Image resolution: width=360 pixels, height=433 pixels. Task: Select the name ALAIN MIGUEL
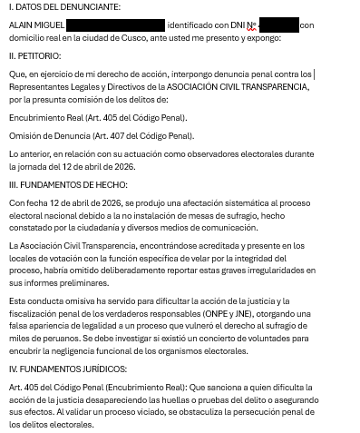point(37,25)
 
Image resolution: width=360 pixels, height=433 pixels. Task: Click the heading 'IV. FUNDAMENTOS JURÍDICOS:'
point(67,369)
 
